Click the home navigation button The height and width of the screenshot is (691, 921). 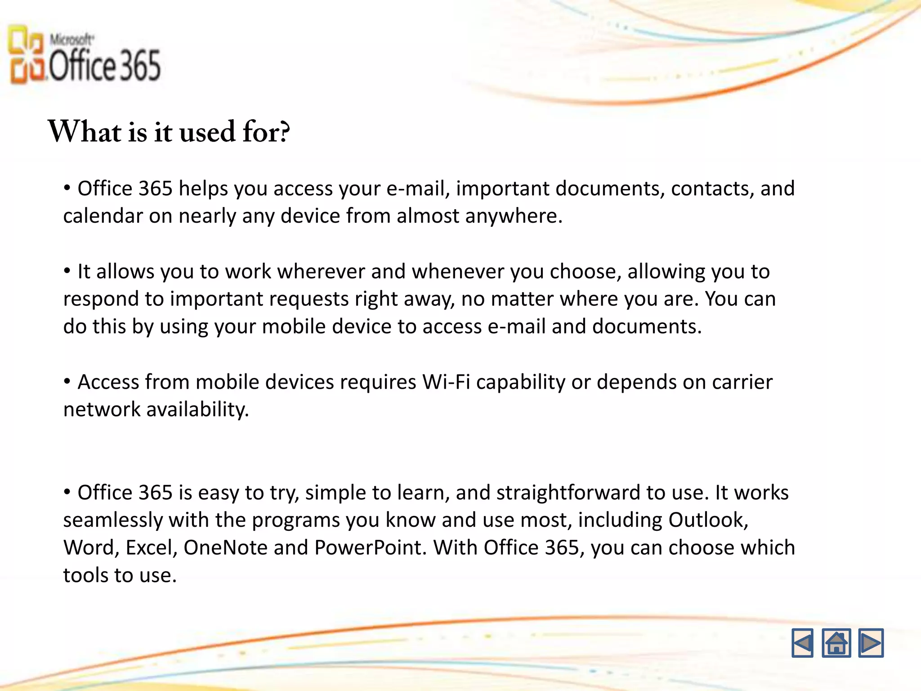coord(836,643)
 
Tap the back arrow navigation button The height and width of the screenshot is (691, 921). coord(802,643)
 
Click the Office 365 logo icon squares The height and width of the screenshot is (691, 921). coord(26,54)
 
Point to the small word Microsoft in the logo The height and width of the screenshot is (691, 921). coord(72,40)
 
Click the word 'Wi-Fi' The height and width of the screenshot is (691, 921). coord(446,382)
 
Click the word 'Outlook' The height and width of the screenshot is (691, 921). coord(707,520)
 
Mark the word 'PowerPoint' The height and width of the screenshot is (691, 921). coord(370,548)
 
